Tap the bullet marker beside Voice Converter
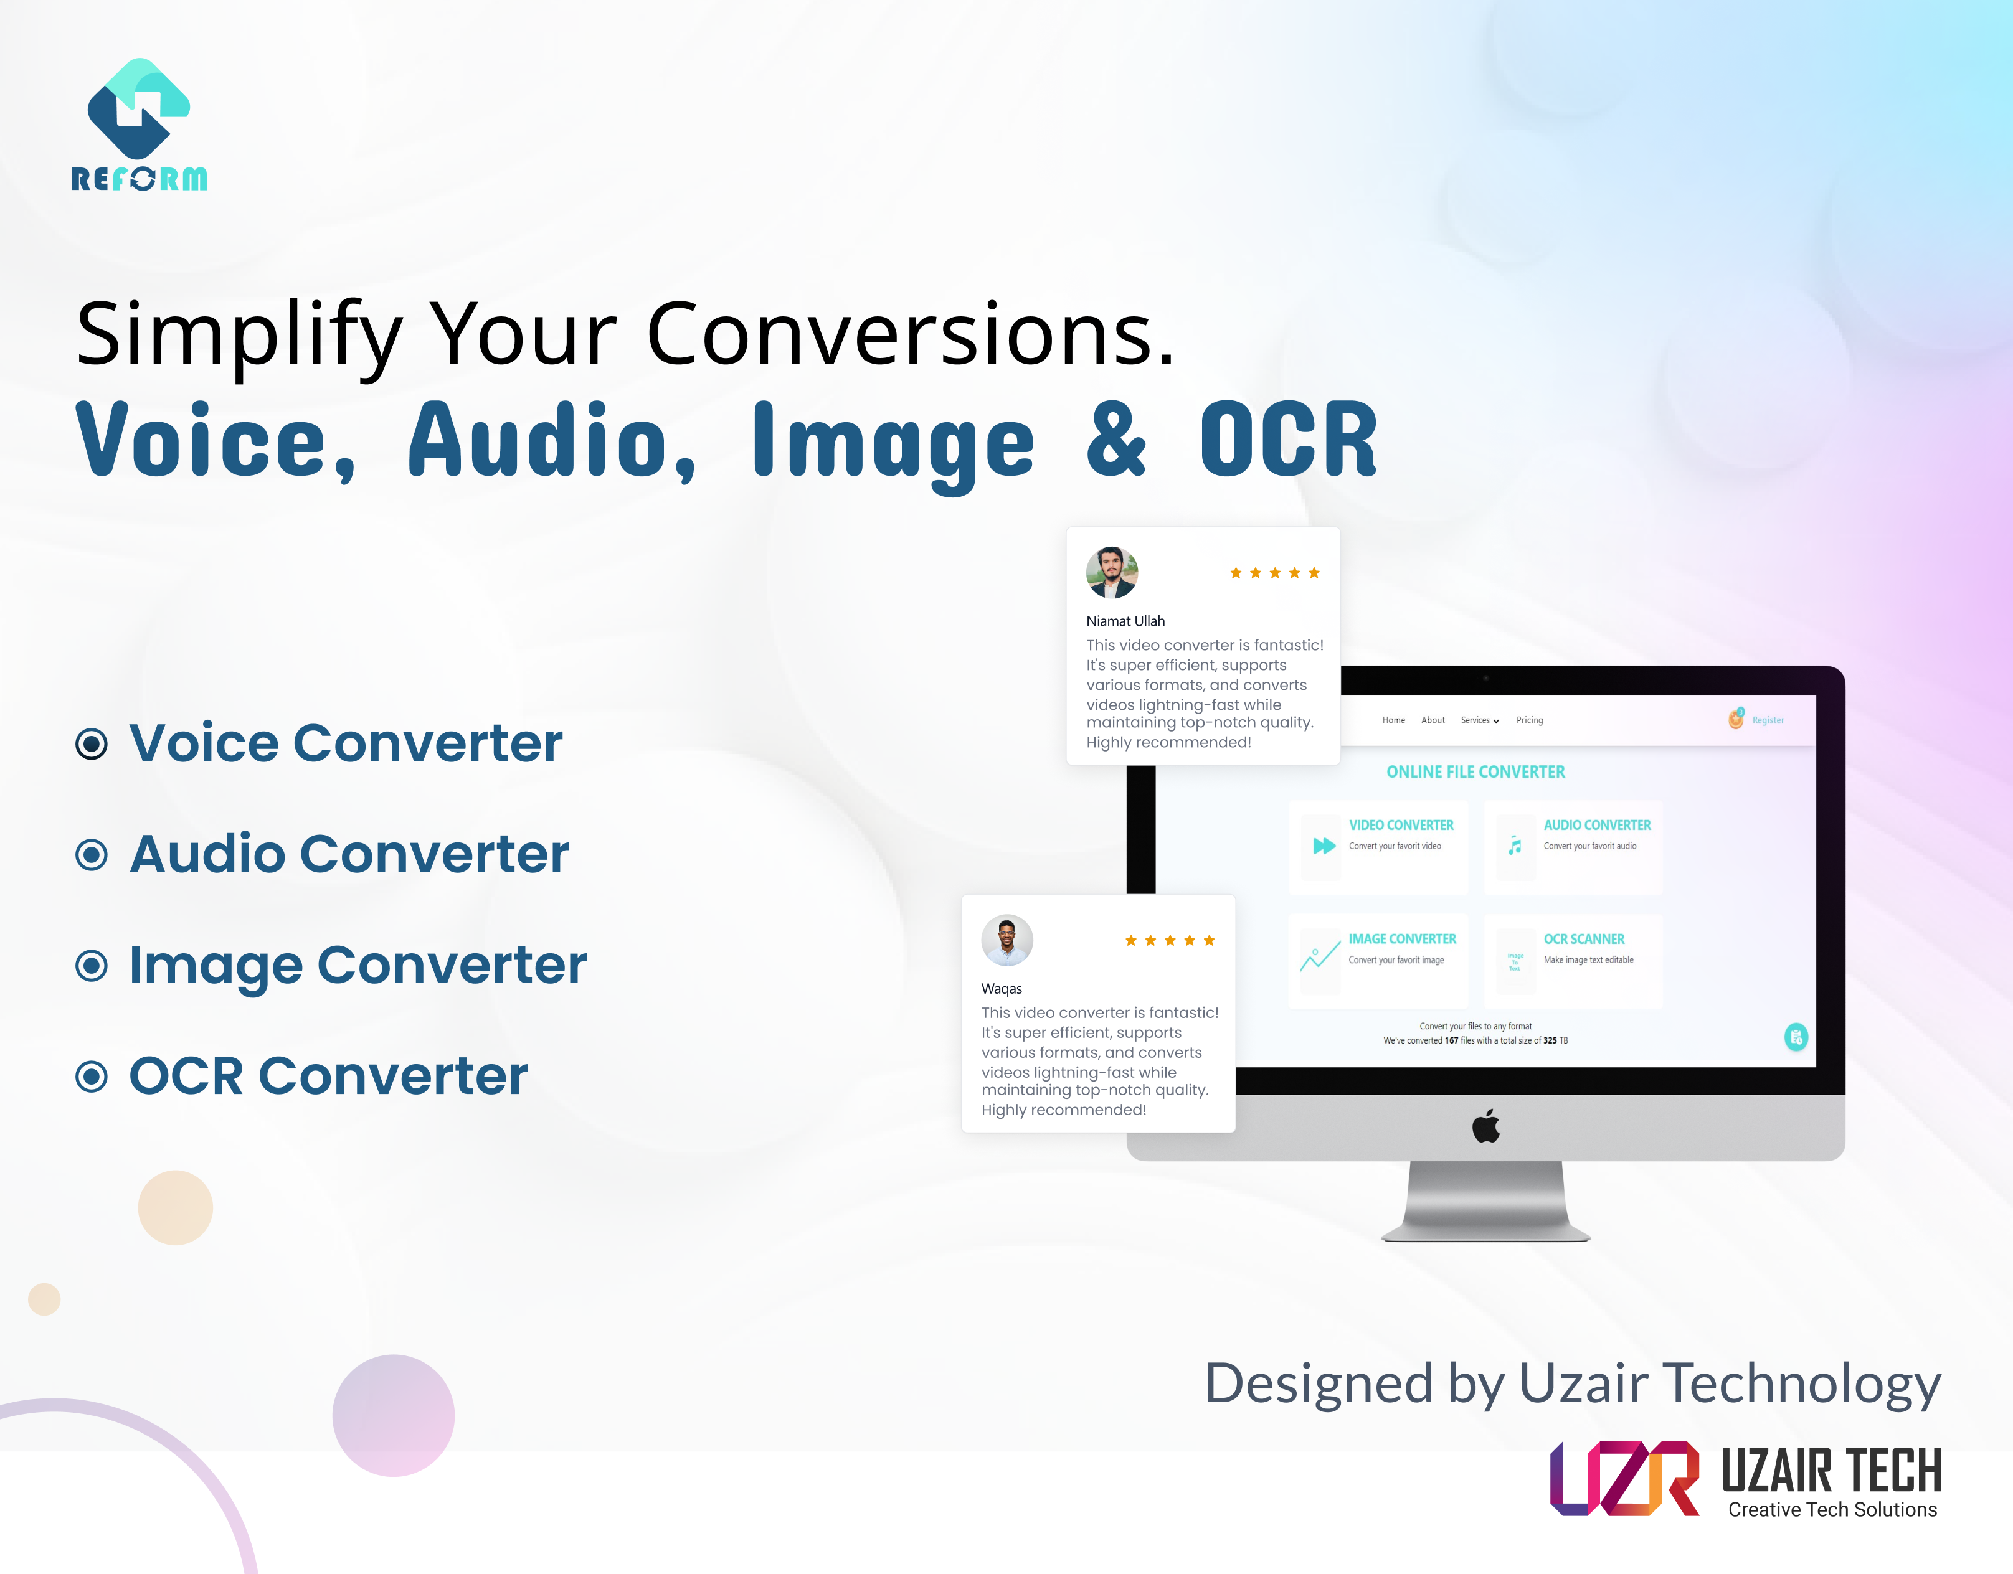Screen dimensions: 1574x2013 92,743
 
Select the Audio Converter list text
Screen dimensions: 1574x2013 349,854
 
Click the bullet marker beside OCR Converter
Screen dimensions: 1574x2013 92,1077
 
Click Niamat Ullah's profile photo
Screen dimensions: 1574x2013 1112,572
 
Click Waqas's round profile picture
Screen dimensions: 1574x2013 1006,940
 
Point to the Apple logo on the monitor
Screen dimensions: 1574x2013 1486,1126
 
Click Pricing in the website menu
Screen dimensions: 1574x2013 1529,720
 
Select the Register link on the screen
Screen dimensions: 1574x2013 1767,720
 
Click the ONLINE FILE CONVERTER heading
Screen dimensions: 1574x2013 1475,772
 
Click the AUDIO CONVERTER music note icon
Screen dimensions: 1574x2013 1514,845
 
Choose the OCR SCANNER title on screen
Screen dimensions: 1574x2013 1583,939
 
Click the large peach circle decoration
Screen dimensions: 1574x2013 175,1207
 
